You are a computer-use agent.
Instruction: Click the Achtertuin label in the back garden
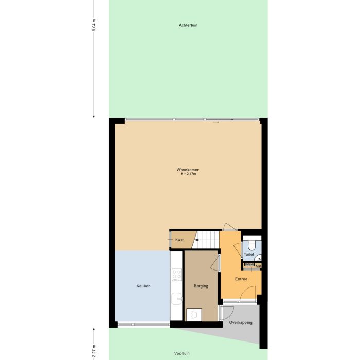(x=188, y=25)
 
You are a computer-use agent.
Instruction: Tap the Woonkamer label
(x=188, y=170)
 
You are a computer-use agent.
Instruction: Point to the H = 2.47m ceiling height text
(x=188, y=174)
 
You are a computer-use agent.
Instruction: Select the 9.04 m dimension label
(x=94, y=25)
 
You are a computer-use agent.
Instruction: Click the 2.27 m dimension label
(x=94, y=351)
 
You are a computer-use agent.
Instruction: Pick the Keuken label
(x=143, y=286)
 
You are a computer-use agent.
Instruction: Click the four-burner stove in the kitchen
(x=176, y=275)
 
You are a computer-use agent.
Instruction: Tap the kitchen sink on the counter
(x=176, y=298)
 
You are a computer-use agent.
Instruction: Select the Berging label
(x=201, y=286)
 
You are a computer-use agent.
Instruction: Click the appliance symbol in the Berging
(x=193, y=315)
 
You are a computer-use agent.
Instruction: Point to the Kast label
(x=179, y=240)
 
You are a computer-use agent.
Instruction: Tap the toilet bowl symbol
(x=251, y=245)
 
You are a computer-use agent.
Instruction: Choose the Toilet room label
(x=249, y=255)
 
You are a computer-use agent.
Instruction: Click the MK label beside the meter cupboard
(x=258, y=266)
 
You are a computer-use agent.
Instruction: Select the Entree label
(x=241, y=279)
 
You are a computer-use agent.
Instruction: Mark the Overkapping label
(x=240, y=323)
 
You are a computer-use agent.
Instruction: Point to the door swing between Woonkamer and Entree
(x=229, y=227)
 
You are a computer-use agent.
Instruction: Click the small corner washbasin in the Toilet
(x=259, y=258)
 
